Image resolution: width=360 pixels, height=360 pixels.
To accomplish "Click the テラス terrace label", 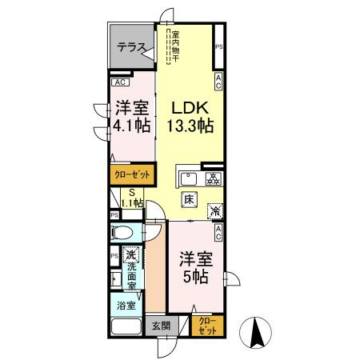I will (x=130, y=47).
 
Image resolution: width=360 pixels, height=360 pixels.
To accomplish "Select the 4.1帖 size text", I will (x=131, y=125).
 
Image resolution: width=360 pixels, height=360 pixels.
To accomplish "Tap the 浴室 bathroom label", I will (x=126, y=305).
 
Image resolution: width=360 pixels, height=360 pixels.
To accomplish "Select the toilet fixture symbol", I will (x=125, y=234).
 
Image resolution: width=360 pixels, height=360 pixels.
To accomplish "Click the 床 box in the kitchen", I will (x=189, y=199).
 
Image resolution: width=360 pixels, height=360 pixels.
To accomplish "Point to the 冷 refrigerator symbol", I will (x=215, y=210).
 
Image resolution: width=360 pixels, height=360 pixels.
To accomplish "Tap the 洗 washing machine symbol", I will (x=131, y=255).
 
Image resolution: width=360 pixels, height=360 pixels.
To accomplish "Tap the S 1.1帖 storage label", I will (x=131, y=198).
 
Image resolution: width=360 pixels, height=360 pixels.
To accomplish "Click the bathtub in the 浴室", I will (x=126, y=326).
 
